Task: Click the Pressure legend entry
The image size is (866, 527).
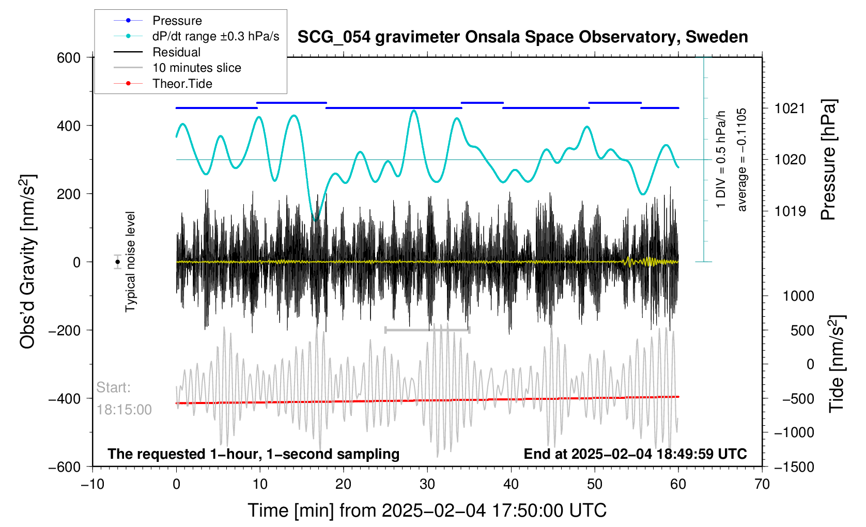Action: tap(177, 21)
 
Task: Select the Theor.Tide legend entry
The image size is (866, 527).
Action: tap(182, 84)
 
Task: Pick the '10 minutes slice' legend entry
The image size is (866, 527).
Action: tap(196, 68)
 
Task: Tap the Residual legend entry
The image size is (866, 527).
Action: tap(176, 52)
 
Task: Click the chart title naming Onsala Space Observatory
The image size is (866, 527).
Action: tap(522, 37)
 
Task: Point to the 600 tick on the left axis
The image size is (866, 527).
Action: tap(69, 58)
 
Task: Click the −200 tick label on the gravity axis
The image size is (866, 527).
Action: tap(65, 330)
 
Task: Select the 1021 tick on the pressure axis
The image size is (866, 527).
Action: tap(790, 109)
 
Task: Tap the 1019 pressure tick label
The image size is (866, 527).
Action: tap(790, 211)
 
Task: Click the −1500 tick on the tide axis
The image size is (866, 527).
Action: tap(794, 467)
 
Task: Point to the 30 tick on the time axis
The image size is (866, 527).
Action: tap(427, 485)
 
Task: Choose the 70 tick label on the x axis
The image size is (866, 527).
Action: tap(762, 485)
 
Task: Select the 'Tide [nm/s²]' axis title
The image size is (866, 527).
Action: tap(837, 364)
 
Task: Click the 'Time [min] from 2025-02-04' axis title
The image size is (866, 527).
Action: tap(427, 510)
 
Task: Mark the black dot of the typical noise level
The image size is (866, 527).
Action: tap(118, 262)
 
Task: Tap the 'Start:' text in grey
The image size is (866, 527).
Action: tap(113, 388)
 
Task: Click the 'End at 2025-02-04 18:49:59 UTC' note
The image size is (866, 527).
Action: tap(635, 454)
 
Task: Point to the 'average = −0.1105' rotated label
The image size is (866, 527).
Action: tap(742, 160)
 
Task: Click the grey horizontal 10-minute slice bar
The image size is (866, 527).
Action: tap(427, 330)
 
